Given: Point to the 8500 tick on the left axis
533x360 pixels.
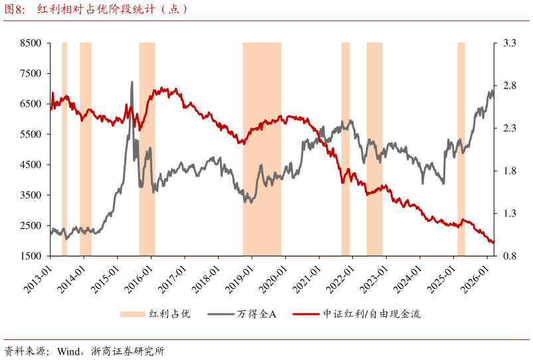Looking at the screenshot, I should point(31,43).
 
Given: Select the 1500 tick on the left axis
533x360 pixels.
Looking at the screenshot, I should point(31,256).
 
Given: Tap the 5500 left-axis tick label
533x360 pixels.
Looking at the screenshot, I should point(31,134).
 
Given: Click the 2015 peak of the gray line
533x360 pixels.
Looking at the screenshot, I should point(132,82).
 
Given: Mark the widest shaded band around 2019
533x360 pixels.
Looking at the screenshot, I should point(262,149).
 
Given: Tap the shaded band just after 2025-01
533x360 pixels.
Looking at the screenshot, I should point(461,149).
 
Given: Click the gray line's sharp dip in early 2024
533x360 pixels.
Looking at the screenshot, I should point(422,183).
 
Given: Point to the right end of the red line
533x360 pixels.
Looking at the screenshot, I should point(494,242).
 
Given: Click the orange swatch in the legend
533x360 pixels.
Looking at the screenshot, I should point(132,314).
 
